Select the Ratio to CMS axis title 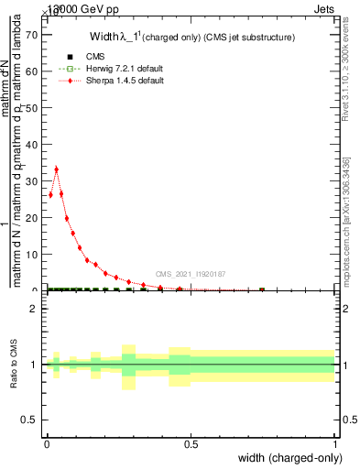coord(13,365)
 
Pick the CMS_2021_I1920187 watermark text coord(191,274)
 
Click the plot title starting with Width coord(191,37)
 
